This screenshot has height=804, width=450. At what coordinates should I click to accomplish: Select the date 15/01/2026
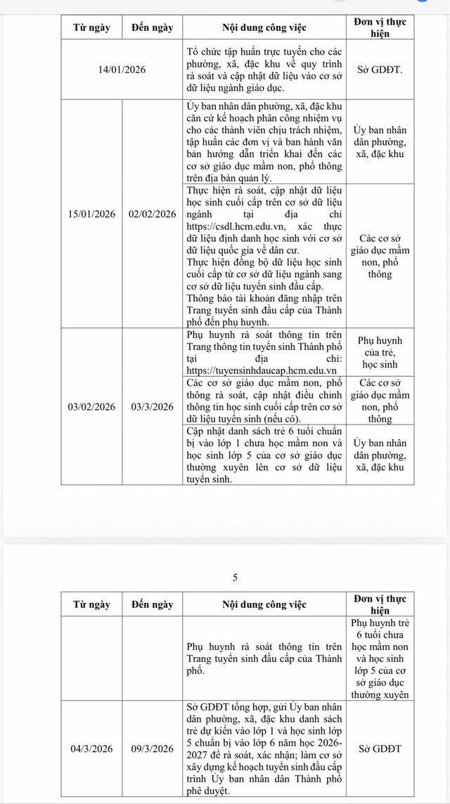(91, 214)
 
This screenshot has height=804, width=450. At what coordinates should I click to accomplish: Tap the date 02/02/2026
(152, 214)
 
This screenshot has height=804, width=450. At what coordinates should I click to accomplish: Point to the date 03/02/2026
(91, 406)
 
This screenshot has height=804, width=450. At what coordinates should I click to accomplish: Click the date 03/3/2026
(152, 406)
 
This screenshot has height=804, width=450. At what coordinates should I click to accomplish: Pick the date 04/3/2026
(91, 749)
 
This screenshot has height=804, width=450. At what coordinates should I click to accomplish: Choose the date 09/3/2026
(152, 749)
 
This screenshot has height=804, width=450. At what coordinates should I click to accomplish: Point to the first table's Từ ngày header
(91, 29)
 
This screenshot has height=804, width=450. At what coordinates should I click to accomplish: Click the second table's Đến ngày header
(152, 604)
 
